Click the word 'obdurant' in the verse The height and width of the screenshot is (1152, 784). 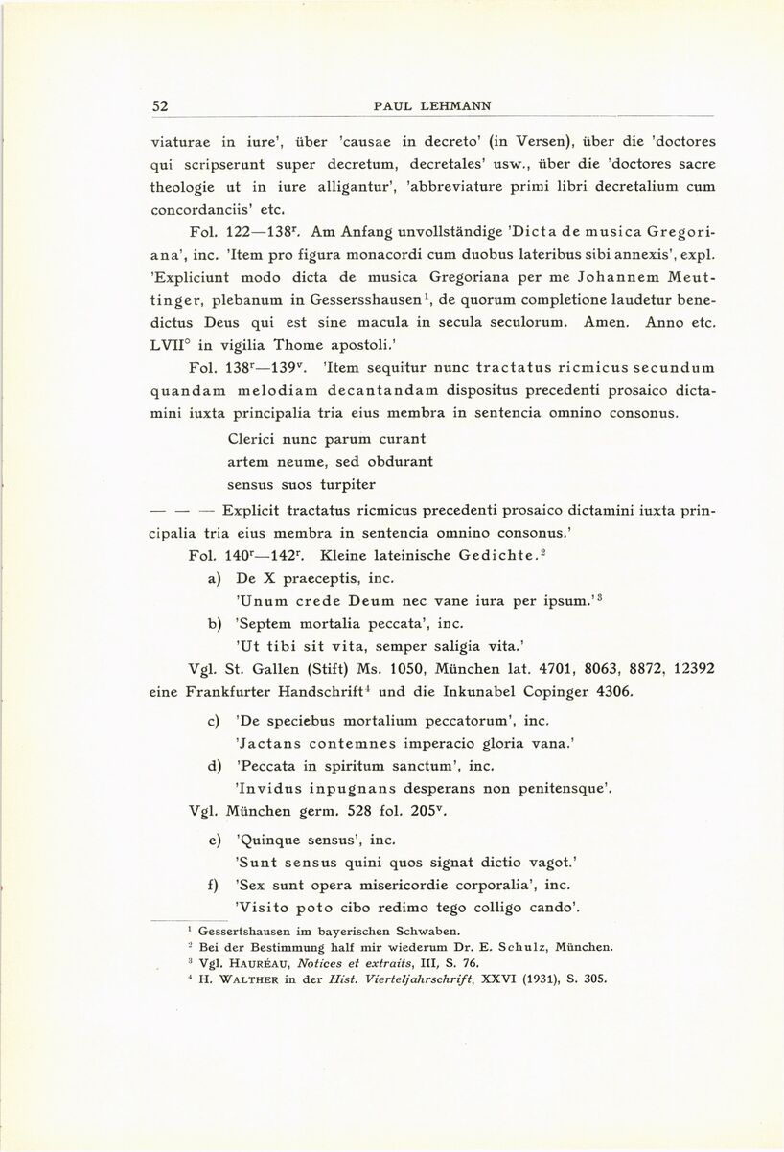[x=403, y=461]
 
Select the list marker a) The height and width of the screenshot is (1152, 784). [x=215, y=578]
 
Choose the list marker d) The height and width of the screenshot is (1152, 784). [x=215, y=766]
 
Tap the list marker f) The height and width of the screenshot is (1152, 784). [x=215, y=884]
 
